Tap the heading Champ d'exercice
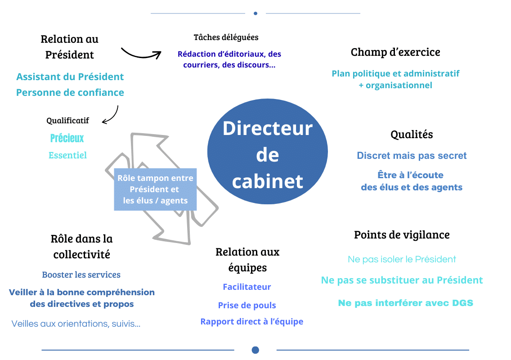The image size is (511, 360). pyautogui.click(x=395, y=52)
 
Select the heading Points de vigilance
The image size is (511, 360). pyautogui.click(x=402, y=235)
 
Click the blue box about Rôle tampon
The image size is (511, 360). pyautogui.click(x=155, y=189)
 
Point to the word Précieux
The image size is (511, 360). pyautogui.click(x=67, y=138)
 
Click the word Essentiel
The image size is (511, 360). pyautogui.click(x=67, y=155)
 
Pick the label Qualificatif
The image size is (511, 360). pyautogui.click(x=67, y=121)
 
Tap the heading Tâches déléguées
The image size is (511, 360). pyautogui.click(x=226, y=37)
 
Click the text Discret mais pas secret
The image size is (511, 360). pyautogui.click(x=412, y=156)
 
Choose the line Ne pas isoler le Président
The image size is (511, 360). pyautogui.click(x=402, y=260)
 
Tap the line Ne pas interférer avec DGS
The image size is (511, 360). pyautogui.click(x=405, y=303)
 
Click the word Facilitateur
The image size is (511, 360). pyautogui.click(x=247, y=287)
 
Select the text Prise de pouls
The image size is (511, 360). pyautogui.click(x=247, y=306)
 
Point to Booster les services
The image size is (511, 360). pyautogui.click(x=81, y=274)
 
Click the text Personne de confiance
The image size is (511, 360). pyautogui.click(x=70, y=93)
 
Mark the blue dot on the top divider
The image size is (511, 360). pyautogui.click(x=255, y=13)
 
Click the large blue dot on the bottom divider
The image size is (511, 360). pyautogui.click(x=255, y=350)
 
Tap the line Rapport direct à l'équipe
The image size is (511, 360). pyautogui.click(x=251, y=322)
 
